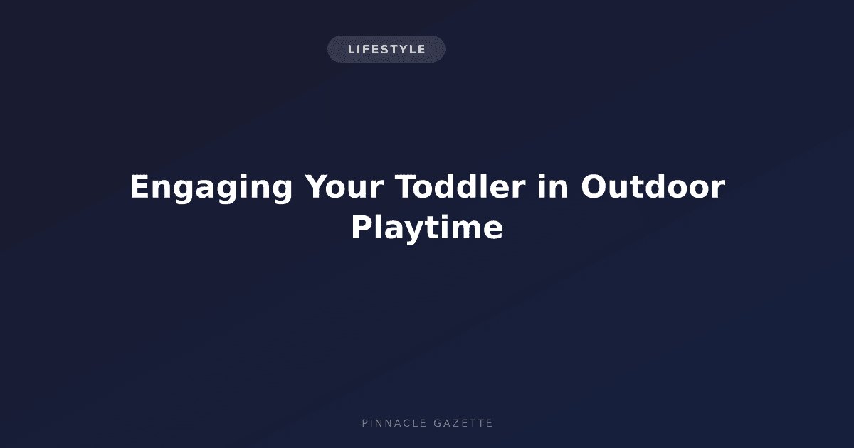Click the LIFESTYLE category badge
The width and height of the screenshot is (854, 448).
[x=386, y=49]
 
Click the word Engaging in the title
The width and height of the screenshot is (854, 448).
[x=211, y=188]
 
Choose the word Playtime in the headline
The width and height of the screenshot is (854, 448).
[x=427, y=228]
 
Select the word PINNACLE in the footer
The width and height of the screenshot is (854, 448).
[x=394, y=423]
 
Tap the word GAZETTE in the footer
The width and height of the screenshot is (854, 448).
[x=463, y=423]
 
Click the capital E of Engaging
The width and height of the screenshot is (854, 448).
[x=139, y=186]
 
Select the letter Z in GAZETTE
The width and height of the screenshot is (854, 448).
[x=455, y=423]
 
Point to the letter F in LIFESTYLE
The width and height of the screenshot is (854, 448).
[x=366, y=49]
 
